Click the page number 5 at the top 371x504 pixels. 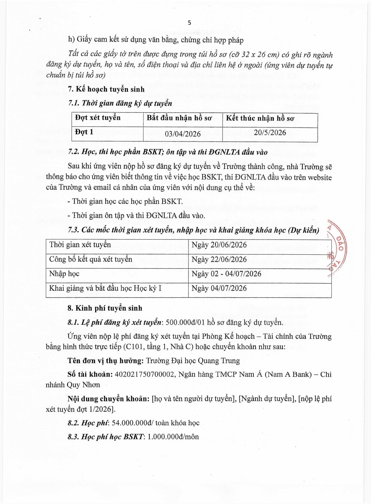189,23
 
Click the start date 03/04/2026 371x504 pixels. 182,134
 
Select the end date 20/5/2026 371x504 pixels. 270,132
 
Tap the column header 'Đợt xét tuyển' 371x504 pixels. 98,118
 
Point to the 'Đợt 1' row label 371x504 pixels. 84,132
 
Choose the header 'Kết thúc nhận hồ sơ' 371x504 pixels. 260,118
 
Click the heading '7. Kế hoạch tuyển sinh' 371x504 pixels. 106,89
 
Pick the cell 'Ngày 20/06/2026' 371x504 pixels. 219,245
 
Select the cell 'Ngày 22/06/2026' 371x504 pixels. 219,259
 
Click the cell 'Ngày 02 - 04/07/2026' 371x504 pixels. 226,274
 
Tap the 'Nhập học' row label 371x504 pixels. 64,274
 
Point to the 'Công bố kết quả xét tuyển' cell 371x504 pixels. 91,259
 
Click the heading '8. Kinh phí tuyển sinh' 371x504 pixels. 105,308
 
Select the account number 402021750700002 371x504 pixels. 145,374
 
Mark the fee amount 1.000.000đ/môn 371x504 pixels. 173,437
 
